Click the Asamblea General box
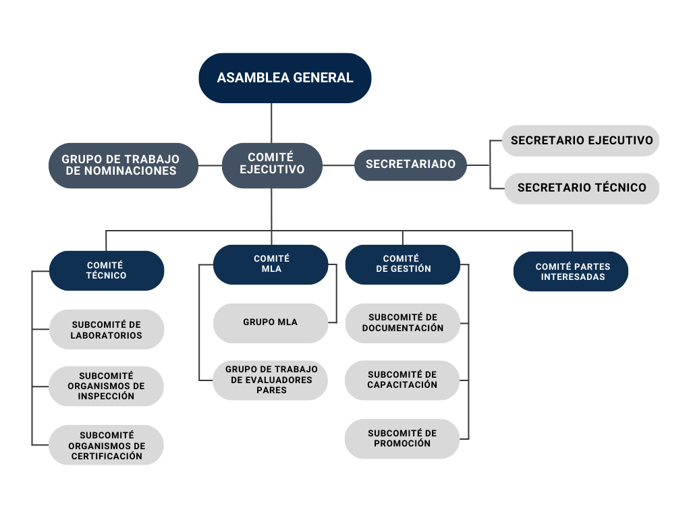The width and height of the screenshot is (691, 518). coord(285,78)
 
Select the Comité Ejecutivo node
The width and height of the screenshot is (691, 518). coord(272,165)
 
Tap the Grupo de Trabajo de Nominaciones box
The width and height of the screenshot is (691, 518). coord(123,165)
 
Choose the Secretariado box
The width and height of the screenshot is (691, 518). coord(410,165)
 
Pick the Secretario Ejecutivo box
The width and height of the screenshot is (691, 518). coord(581,140)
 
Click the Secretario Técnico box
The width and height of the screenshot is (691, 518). coord(581,188)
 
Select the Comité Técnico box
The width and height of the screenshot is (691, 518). coord(107,270)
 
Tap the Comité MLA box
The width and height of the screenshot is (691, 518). coord(271,264)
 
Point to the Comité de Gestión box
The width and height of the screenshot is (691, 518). coord(402,264)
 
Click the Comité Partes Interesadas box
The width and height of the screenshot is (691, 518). coord(571,272)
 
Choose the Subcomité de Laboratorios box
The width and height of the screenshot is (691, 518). coord(107,330)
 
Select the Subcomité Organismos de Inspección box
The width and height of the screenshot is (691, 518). coord(107,386)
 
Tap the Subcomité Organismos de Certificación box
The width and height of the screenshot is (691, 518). coord(107,445)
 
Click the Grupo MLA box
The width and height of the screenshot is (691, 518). coord(270,323)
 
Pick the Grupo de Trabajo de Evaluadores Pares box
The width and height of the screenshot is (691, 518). coord(271,380)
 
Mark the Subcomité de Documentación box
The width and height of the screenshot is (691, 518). coord(402,323)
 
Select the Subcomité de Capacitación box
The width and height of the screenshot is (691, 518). coord(402,380)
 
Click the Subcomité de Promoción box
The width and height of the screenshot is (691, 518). coord(402,439)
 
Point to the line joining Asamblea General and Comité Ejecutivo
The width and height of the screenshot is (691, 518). coord(271,123)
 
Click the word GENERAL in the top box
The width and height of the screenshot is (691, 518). coord(323,78)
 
